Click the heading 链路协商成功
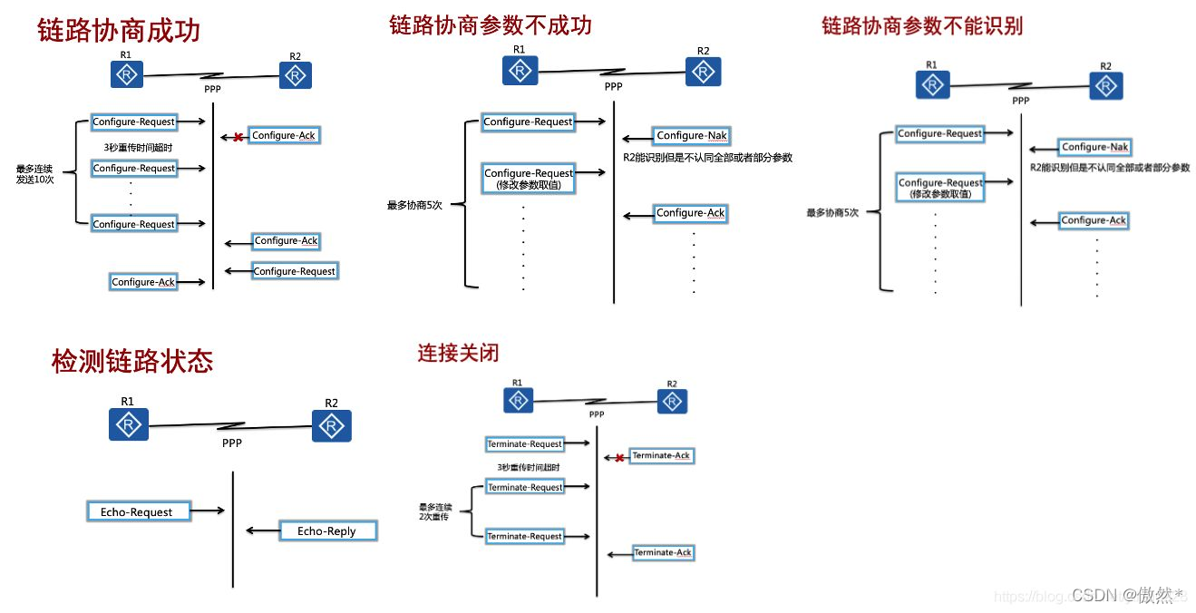pyautogui.click(x=119, y=31)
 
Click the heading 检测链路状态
pyautogui.click(x=132, y=361)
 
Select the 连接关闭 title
pyautogui.click(x=458, y=352)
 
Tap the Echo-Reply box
pyautogui.click(x=326, y=531)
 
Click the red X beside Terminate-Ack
pyautogui.click(x=618, y=458)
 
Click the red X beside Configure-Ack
pyautogui.click(x=238, y=138)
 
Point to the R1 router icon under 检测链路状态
pyautogui.click(x=128, y=424)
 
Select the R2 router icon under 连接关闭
pyautogui.click(x=672, y=402)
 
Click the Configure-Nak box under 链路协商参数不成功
pyautogui.click(x=691, y=136)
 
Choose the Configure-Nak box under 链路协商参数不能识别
pyautogui.click(x=1094, y=147)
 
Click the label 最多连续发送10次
pyautogui.click(x=35, y=174)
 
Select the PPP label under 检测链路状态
pyautogui.click(x=232, y=443)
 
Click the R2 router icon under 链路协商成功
pyautogui.click(x=295, y=76)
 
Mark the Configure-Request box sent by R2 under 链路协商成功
pyautogui.click(x=294, y=271)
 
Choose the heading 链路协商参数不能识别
pyautogui.click(x=922, y=26)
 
